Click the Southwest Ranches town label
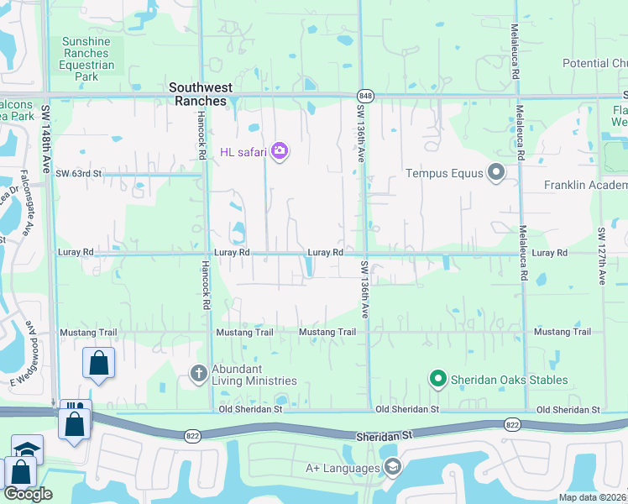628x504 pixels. pos(198,93)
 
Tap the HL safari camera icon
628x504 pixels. pos(280,151)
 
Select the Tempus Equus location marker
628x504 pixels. pos(495,173)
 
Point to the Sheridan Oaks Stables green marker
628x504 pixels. pos(437,380)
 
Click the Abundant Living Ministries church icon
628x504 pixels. pos(199,373)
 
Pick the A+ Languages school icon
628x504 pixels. pos(391,467)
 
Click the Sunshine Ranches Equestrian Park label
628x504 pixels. pos(86,59)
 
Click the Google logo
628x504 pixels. pos(28,494)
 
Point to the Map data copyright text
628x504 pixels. pos(593,497)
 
